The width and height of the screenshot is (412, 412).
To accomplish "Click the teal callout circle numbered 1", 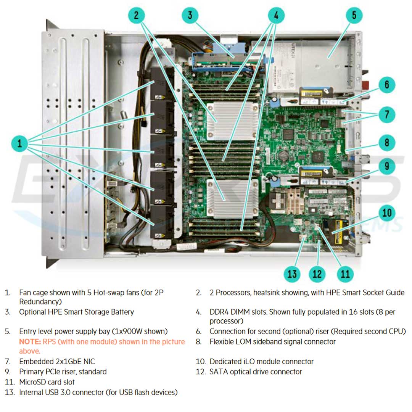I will pyautogui.click(x=20, y=144).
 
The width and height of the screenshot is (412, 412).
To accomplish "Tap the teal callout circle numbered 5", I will pyautogui.click(x=354, y=16).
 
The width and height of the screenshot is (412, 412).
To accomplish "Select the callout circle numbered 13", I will pyautogui.click(x=292, y=274).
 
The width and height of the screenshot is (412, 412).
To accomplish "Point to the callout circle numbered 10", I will pyautogui.click(x=387, y=213).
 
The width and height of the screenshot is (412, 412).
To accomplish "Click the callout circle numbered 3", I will pyautogui.click(x=190, y=16).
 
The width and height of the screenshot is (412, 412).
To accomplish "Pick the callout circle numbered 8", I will pyautogui.click(x=387, y=143).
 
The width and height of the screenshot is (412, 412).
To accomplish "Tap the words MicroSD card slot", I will pyautogui.click(x=47, y=382).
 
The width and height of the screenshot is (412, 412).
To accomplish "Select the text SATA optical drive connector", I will pyautogui.click(x=256, y=372).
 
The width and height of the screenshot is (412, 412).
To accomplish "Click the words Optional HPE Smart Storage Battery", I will pyautogui.click(x=76, y=312).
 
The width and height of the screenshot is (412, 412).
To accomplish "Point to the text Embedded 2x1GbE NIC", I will pyautogui.click(x=57, y=361).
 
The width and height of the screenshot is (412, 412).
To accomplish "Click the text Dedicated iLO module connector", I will pyautogui.click(x=261, y=361).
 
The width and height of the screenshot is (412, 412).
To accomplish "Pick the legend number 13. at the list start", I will pyautogui.click(x=10, y=392).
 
